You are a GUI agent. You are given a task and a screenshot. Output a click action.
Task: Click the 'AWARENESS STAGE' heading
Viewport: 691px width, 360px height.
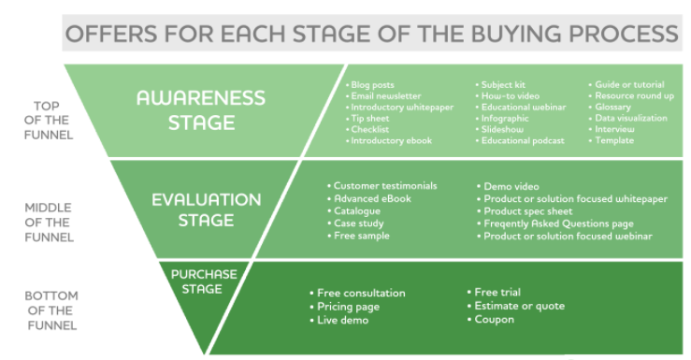pos(200,109)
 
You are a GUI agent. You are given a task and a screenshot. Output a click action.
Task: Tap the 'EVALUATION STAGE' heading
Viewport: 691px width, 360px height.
pos(206,209)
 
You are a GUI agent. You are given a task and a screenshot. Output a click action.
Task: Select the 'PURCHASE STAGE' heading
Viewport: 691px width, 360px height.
pos(203,281)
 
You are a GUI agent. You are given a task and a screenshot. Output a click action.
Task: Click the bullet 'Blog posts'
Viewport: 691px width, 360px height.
pos(375,85)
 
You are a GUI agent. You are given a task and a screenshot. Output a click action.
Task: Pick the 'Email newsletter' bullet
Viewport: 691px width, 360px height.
pos(386,96)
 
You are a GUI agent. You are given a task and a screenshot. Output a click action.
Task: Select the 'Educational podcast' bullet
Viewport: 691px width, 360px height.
pos(523,141)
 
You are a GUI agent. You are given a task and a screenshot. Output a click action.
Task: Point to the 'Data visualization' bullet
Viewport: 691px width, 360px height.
pos(631,119)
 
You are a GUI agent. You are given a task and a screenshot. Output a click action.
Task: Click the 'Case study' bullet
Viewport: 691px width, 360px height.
pos(359,223)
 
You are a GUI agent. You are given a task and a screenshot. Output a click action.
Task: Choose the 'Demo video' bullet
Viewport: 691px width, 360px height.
pos(511,186)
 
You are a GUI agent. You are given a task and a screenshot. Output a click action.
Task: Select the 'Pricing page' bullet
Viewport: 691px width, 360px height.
pos(348,307)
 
